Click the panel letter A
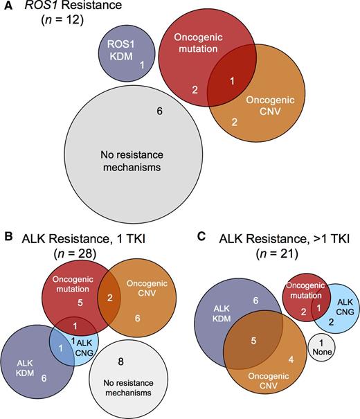(8, 8)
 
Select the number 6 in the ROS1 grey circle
(159, 111)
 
